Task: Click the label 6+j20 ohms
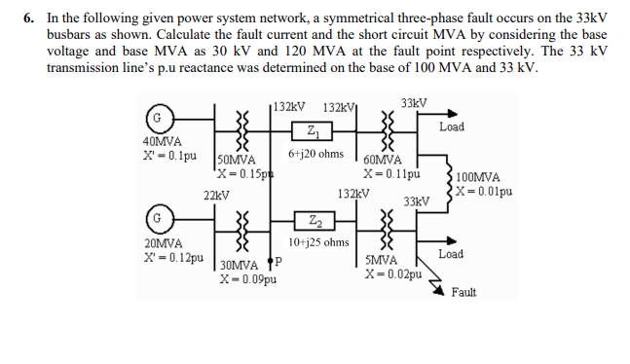[x=315, y=154]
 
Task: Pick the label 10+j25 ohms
[x=318, y=241]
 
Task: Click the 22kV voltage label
[x=216, y=195]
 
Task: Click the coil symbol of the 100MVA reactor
[x=448, y=183]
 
